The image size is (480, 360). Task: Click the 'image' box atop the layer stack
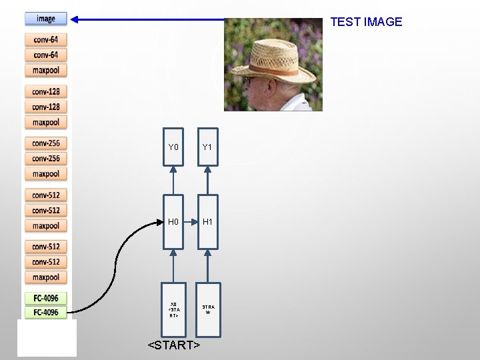46,19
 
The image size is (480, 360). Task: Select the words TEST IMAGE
366,22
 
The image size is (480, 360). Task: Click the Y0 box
173,147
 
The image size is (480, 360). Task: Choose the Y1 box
207,147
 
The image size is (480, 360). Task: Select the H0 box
173,221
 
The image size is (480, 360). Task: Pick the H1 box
207,221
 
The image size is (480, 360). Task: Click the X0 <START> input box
173,309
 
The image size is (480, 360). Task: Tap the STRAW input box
207,309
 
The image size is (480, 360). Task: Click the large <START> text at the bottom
174,345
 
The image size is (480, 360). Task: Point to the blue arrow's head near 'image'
75,19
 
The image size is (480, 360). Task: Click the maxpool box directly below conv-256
46,173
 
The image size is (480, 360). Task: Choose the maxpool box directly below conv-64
46,70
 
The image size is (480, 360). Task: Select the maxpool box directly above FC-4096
46,277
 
